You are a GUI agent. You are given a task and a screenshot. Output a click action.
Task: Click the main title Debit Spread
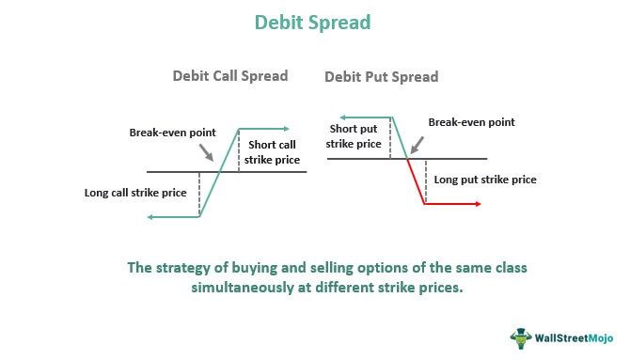pyautogui.click(x=315, y=20)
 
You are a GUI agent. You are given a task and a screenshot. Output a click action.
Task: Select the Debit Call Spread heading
pyautogui.click(x=229, y=76)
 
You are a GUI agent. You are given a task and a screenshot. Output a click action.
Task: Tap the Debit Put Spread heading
pyautogui.click(x=382, y=76)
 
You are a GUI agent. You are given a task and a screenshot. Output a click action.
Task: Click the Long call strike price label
pyautogui.click(x=135, y=193)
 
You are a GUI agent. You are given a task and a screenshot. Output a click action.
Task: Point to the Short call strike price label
pyautogui.click(x=275, y=152)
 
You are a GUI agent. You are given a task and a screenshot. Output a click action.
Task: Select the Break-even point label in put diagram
pyautogui.click(x=472, y=122)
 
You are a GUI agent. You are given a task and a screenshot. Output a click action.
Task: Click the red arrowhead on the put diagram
pyautogui.click(x=478, y=203)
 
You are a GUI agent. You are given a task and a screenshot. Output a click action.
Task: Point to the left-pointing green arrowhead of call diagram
pyautogui.click(x=151, y=217)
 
